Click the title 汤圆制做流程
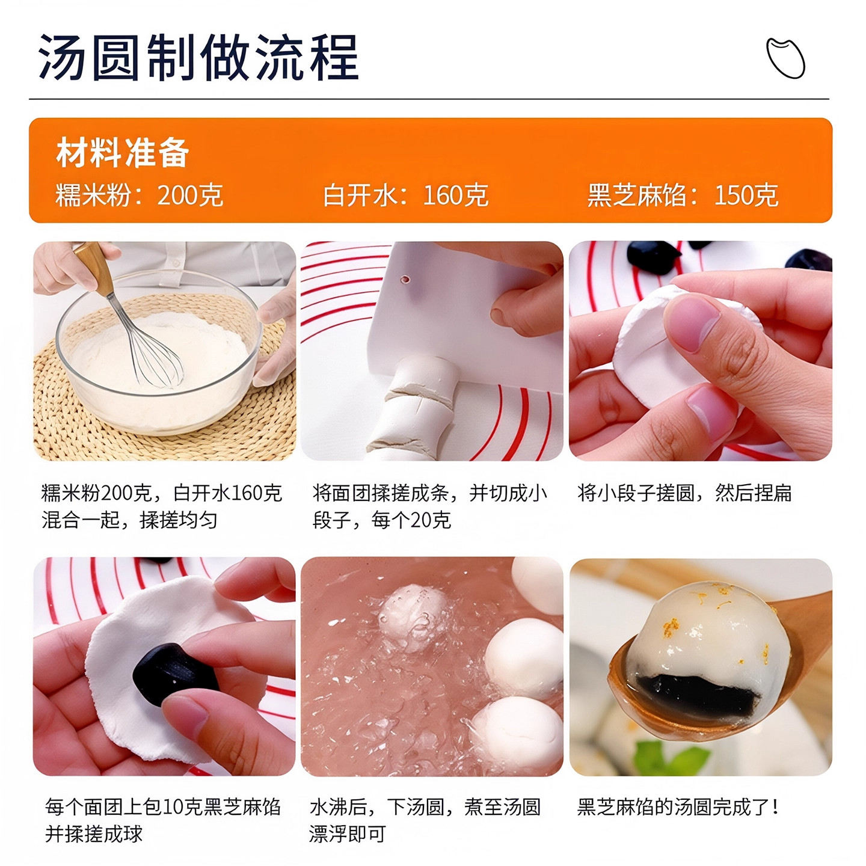pos(198,58)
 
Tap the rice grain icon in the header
pos(785,58)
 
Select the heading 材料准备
pos(123,153)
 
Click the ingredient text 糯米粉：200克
pos(139,195)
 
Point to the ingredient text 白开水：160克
pos(405,195)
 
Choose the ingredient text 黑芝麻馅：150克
pos(683,195)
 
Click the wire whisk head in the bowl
pos(154,358)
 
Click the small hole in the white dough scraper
pos(405,280)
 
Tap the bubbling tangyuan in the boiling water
pos(413,616)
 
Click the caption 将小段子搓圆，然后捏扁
pos(684,493)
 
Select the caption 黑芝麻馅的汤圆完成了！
pos(678,807)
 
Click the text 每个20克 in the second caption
pos(411,520)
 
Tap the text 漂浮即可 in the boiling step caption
pos(348,834)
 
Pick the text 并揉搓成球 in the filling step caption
pos(94,834)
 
